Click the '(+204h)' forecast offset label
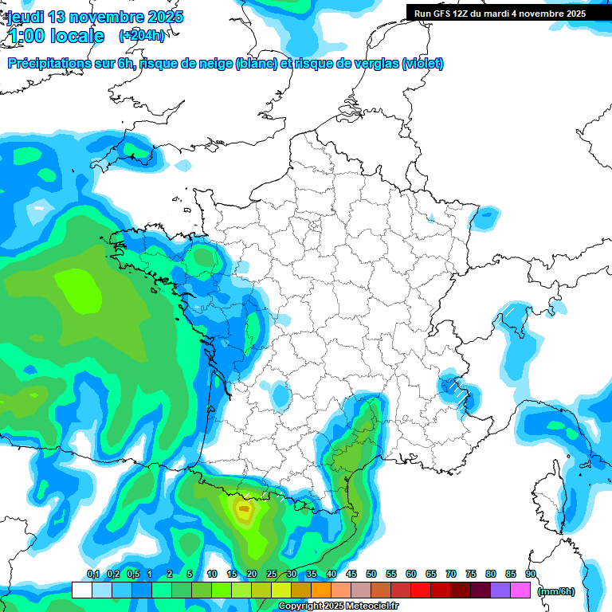click(142, 35)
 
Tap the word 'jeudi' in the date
click(25, 17)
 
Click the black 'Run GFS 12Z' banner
click(500, 13)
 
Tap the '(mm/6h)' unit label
click(556, 590)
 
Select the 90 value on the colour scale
click(530, 575)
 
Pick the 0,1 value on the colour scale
click(92, 575)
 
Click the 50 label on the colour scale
click(371, 575)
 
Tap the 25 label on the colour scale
click(272, 575)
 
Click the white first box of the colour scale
click(81, 590)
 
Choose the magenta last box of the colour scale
click(520, 590)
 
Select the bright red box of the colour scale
click(421, 590)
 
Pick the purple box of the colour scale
click(500, 590)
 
